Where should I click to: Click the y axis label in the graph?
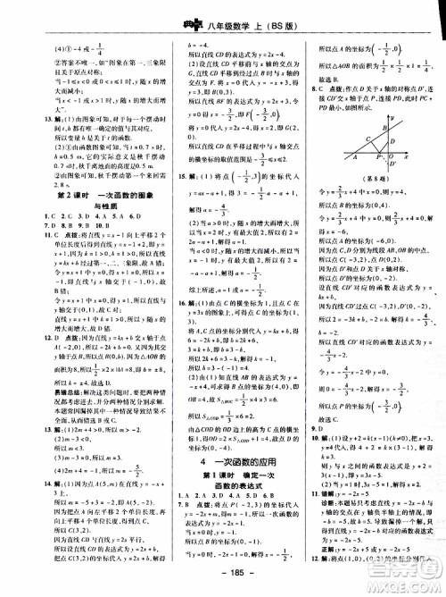point(366,115)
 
